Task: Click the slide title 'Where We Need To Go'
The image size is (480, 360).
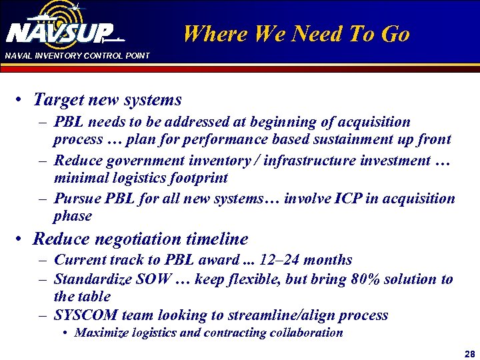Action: [x=297, y=34]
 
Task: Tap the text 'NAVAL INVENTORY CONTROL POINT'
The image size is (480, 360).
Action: [x=77, y=55]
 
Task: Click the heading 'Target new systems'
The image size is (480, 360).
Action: [x=107, y=100]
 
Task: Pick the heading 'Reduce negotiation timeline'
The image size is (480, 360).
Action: [x=141, y=239]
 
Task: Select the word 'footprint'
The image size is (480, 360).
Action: [x=198, y=178]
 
